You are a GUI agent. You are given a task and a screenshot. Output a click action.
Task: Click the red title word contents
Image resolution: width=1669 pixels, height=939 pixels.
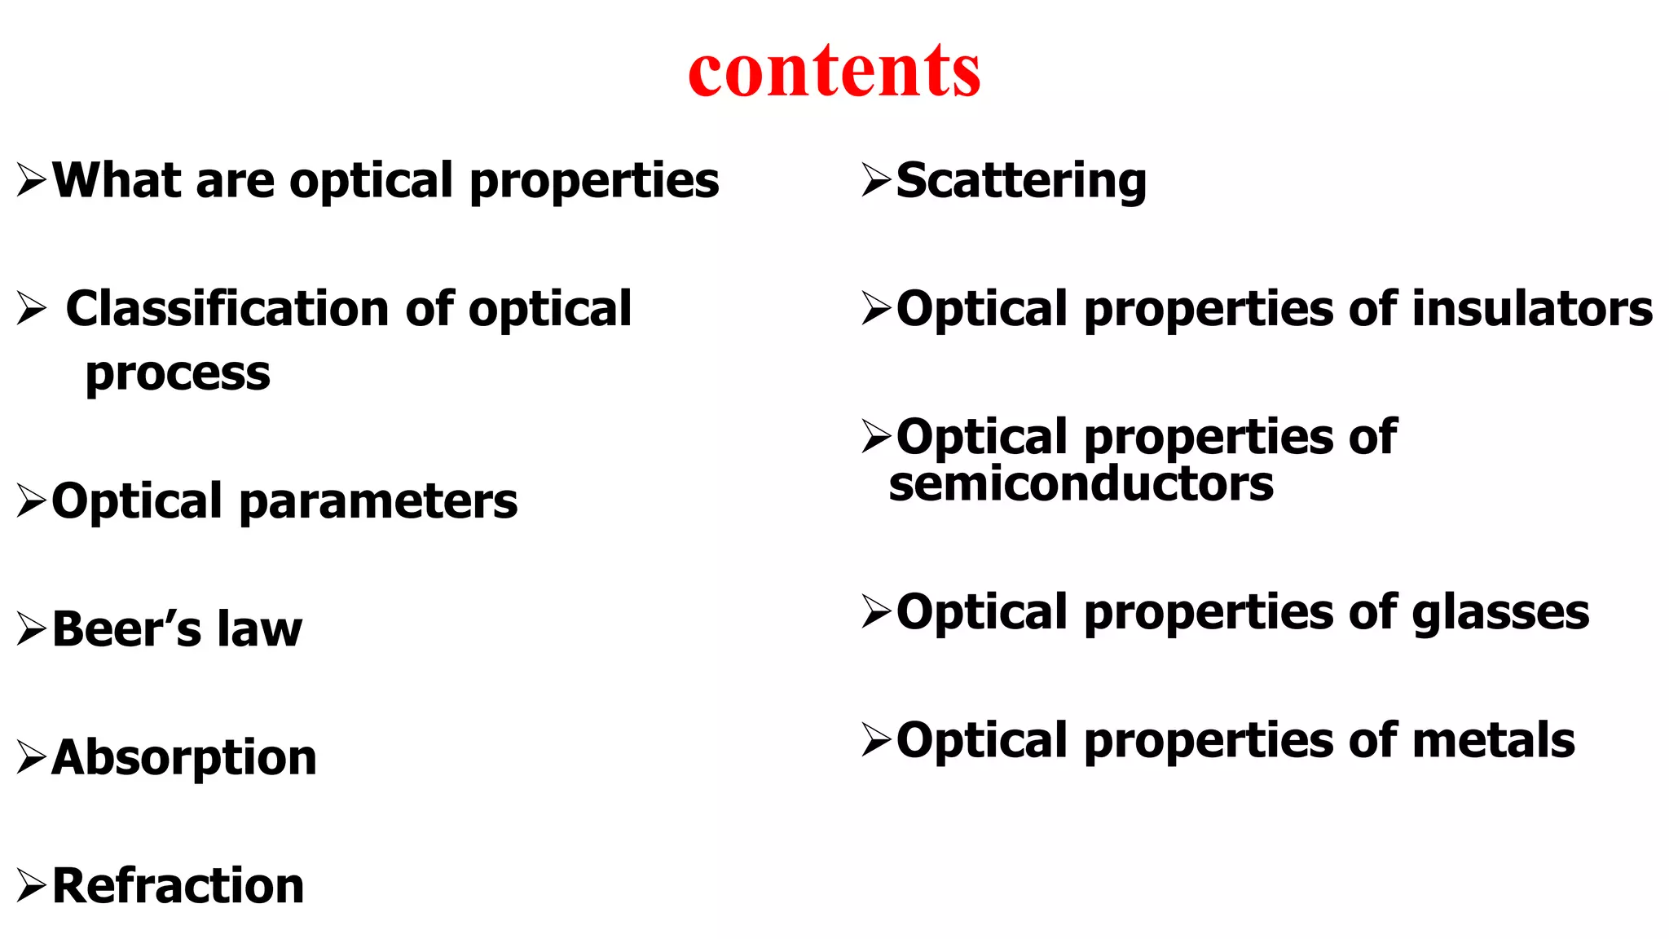pyautogui.click(x=834, y=71)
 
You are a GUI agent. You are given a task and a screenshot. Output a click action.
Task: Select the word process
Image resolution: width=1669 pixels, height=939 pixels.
pyautogui.click(x=178, y=374)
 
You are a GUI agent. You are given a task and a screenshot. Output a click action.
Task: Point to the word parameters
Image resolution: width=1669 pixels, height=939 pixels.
pyautogui.click(x=378, y=501)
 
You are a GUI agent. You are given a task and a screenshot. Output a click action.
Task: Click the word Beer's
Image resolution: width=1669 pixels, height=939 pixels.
pyautogui.click(x=126, y=629)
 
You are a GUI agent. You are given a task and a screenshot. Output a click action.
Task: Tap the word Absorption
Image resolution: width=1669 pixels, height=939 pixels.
pyautogui.click(x=184, y=757)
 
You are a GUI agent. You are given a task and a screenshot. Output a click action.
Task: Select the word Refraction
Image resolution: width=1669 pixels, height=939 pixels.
pyautogui.click(x=178, y=886)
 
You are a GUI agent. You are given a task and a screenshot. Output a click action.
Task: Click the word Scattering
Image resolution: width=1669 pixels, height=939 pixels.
pyautogui.click(x=1021, y=180)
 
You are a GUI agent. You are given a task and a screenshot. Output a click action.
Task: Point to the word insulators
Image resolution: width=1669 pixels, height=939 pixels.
pyautogui.click(x=1532, y=309)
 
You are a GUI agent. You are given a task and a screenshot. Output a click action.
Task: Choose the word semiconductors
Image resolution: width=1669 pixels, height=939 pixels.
pyautogui.click(x=1081, y=484)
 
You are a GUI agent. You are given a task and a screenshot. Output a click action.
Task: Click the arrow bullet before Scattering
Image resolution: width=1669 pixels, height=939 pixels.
pyautogui.click(x=876, y=180)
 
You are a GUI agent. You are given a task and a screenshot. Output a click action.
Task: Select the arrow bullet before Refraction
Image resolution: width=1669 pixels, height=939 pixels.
pyautogui.click(x=31, y=886)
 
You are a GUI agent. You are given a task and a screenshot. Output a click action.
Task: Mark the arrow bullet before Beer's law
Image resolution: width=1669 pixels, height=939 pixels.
pyautogui.click(x=31, y=630)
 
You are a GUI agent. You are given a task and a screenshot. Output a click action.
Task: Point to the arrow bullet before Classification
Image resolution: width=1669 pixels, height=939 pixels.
pyautogui.click(x=31, y=310)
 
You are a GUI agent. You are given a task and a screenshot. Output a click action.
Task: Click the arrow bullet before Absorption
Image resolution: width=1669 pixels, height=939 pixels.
pyautogui.click(x=31, y=758)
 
